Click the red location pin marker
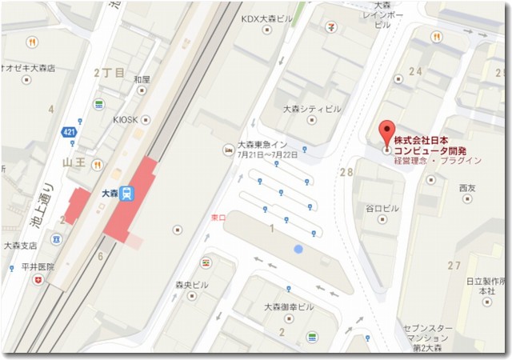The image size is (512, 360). point(386,134)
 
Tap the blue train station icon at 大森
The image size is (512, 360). point(128,194)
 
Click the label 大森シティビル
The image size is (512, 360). point(312,109)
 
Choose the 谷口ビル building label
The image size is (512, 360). point(382,208)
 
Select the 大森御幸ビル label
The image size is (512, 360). point(289,306)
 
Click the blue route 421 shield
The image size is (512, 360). point(70,129)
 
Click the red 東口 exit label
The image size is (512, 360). point(217,217)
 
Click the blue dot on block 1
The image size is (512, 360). point(298,250)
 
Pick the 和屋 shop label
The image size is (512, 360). point(142,79)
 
